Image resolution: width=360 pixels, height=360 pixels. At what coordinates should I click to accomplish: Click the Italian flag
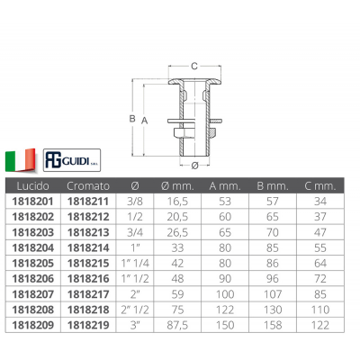click(21, 160)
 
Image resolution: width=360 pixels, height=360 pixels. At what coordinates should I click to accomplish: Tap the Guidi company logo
click(72, 160)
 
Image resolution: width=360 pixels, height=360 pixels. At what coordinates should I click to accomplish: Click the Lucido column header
click(33, 186)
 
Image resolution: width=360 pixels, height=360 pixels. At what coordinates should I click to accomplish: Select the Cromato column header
click(88, 186)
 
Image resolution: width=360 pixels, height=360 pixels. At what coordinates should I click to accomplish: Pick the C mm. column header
click(320, 186)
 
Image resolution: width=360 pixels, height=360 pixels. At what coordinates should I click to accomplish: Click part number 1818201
click(33, 202)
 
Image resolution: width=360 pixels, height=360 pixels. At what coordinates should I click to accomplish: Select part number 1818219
click(88, 325)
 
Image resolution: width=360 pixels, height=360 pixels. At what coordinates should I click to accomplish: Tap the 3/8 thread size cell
click(135, 202)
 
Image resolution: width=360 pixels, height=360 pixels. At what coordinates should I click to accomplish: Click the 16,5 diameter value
click(177, 202)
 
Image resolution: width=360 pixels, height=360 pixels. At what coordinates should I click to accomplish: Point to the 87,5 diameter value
click(177, 325)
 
